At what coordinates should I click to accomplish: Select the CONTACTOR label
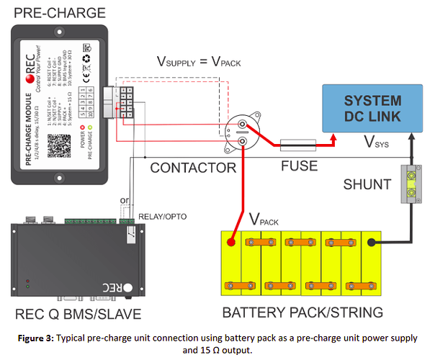point(193,168)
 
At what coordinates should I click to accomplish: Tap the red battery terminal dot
point(232,243)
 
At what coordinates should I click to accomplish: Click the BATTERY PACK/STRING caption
point(302,312)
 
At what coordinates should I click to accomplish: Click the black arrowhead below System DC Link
point(410,142)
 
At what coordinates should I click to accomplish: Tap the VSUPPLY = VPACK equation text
point(199,62)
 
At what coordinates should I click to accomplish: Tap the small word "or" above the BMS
point(124,201)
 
